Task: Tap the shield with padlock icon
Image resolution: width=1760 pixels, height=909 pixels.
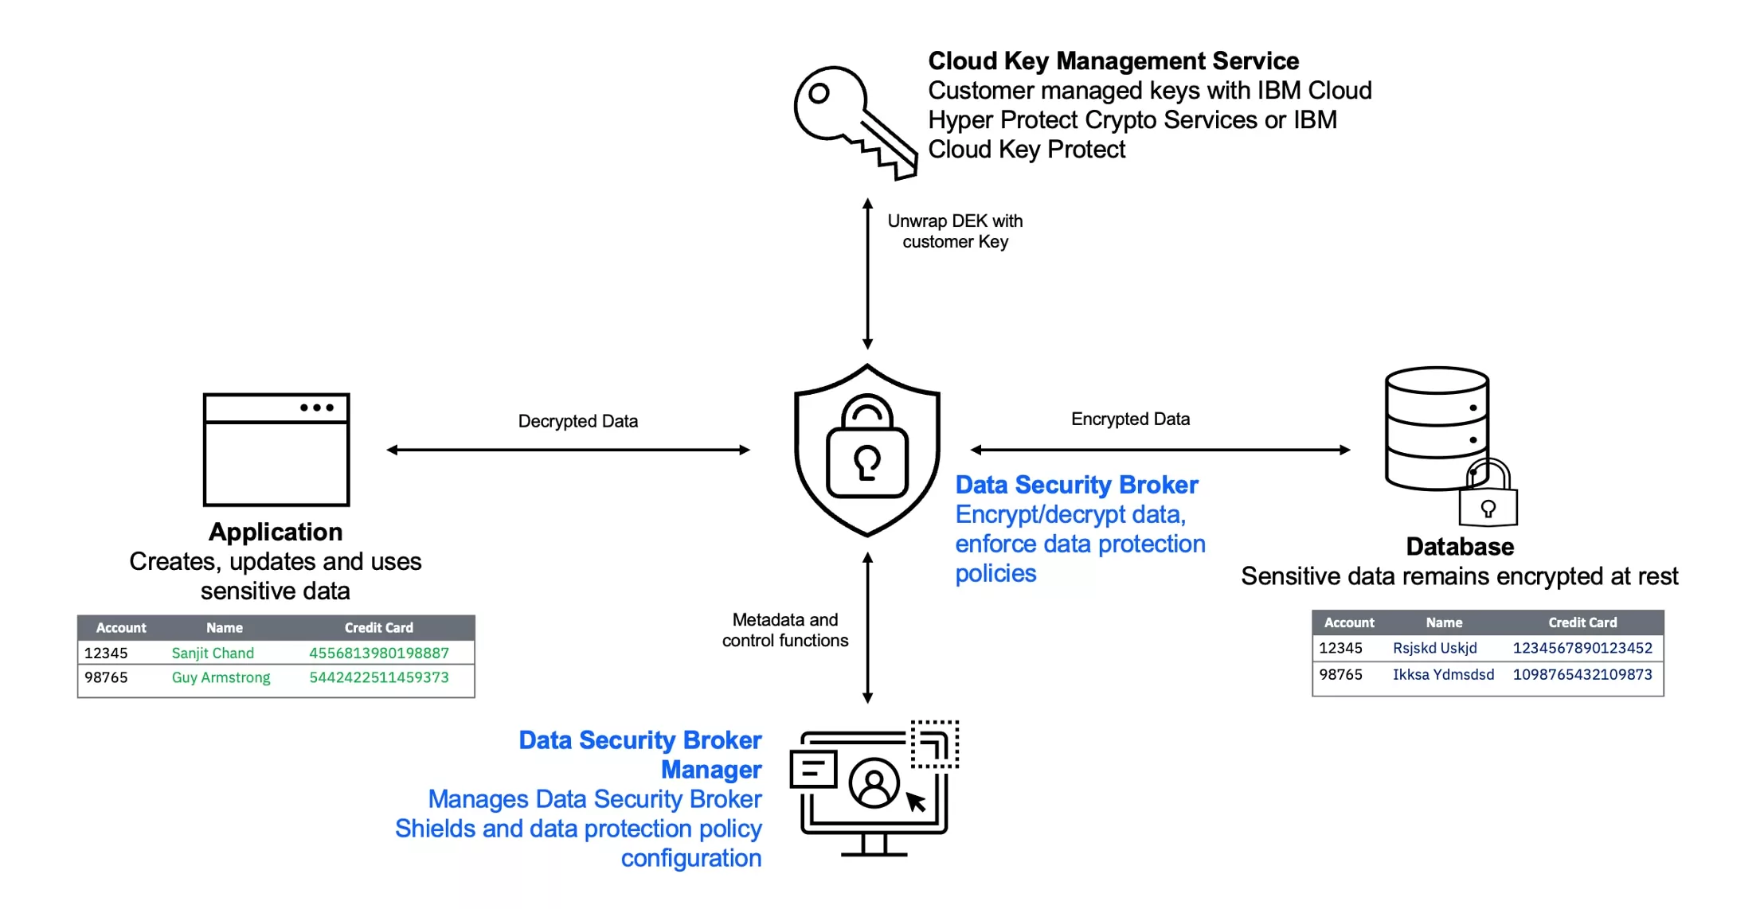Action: [x=867, y=451]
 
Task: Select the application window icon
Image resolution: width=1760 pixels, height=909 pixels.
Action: [x=276, y=450]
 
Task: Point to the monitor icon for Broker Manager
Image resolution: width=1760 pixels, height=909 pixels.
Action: [x=874, y=788]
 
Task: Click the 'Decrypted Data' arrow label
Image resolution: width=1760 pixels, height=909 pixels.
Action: [x=577, y=421]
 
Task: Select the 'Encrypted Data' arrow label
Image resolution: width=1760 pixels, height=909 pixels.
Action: [x=1129, y=419]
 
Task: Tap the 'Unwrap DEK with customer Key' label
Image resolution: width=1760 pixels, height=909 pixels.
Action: [x=954, y=231]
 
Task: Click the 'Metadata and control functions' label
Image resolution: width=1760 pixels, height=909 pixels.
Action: [x=784, y=630]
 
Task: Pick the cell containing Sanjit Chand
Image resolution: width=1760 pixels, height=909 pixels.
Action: [x=213, y=653]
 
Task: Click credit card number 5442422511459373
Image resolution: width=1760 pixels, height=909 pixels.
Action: [x=378, y=677]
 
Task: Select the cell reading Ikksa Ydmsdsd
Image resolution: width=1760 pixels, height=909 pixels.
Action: [x=1442, y=674]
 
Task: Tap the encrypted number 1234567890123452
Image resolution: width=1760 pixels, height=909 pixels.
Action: [x=1582, y=648]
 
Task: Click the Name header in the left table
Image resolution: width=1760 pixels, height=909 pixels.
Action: [x=224, y=627]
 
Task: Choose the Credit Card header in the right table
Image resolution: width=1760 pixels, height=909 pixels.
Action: [x=1582, y=622]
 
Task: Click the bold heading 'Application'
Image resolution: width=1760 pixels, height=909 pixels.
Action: [x=276, y=532]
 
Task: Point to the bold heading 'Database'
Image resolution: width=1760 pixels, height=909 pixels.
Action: [x=1459, y=547]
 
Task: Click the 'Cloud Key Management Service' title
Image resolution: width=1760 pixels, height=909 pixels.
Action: [x=1113, y=60]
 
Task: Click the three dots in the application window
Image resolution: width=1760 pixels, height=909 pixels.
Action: [x=316, y=408]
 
